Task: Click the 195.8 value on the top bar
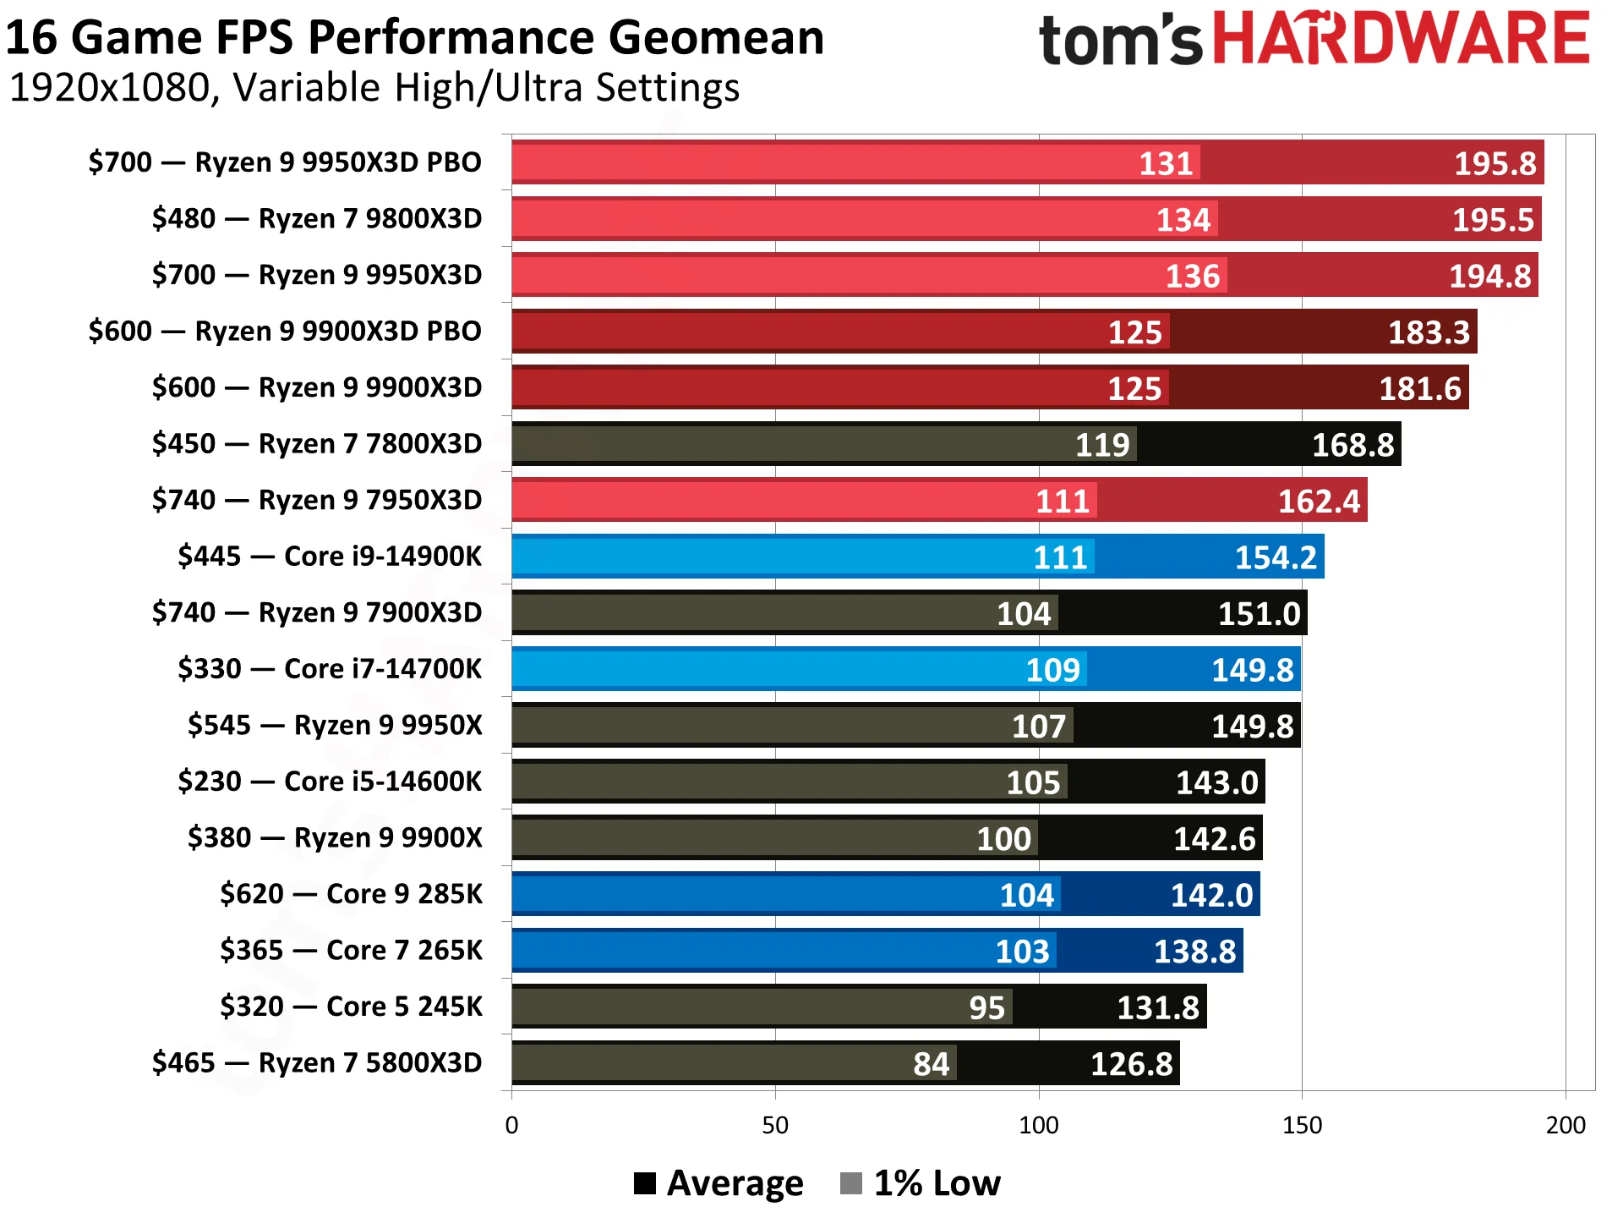tap(1494, 163)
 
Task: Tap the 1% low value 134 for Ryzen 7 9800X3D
tap(1183, 220)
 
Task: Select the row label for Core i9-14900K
tap(330, 557)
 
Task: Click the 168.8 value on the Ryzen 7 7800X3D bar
tap(1352, 445)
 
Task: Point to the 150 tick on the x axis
tap(1301, 1125)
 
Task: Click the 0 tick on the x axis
tap(511, 1125)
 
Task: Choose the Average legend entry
tap(719, 1182)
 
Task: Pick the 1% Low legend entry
tap(921, 1182)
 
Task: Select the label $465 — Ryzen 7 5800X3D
tap(317, 1062)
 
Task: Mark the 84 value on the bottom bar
tap(931, 1064)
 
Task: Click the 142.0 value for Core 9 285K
tap(1210, 895)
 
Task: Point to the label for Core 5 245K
tap(351, 1007)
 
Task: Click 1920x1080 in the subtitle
tap(110, 88)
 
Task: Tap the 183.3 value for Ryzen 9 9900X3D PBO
tap(1429, 332)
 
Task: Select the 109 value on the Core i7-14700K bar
tap(1052, 670)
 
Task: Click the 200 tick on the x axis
tap(1565, 1125)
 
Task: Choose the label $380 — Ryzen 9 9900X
tap(335, 837)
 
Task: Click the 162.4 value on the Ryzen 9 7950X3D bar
tap(1318, 502)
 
